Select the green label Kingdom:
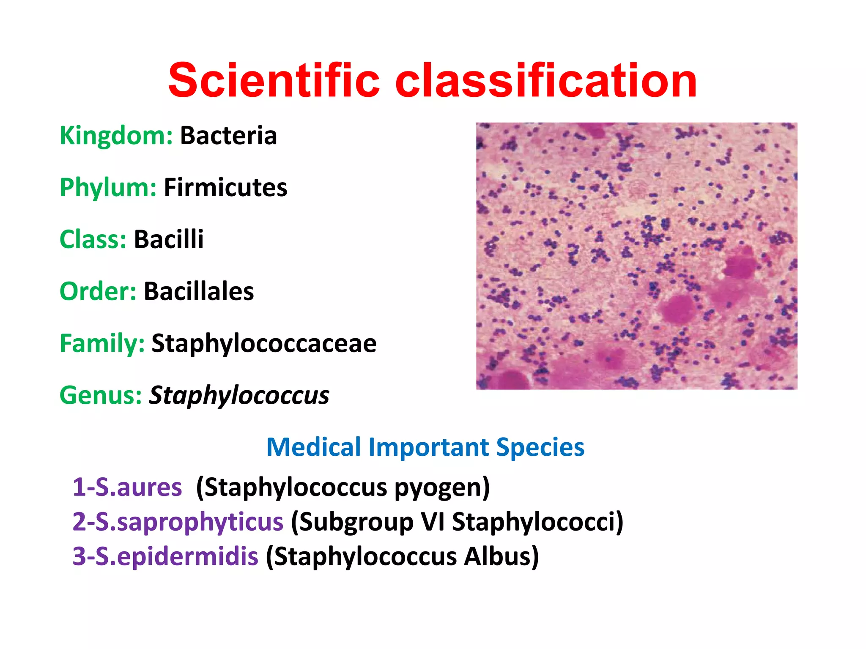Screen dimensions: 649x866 (116, 136)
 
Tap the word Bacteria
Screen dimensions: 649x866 (228, 136)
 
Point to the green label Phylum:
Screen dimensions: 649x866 (108, 188)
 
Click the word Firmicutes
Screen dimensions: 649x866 (225, 187)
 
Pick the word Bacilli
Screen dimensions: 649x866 (169, 239)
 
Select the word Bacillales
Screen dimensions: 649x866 (199, 291)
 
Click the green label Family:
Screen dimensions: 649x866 (102, 343)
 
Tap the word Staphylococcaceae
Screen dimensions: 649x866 (264, 343)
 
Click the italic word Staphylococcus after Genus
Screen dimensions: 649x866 (239, 395)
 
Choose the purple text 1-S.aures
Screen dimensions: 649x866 (127, 487)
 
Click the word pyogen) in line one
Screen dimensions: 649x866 (442, 487)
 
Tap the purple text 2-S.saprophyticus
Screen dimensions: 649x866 (178, 521)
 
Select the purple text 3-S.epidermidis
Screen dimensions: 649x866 (165, 556)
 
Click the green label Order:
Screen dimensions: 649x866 (98, 291)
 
